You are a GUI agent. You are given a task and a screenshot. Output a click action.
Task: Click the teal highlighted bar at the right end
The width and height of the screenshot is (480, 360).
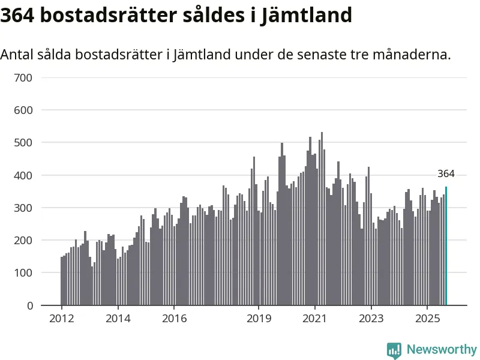point(446,246)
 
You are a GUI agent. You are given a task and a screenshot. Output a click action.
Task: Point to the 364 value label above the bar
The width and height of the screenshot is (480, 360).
point(446,174)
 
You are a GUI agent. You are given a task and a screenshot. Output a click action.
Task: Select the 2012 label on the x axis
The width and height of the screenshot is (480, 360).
point(62,318)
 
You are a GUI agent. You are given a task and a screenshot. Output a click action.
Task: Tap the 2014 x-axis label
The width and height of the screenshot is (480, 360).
point(118,318)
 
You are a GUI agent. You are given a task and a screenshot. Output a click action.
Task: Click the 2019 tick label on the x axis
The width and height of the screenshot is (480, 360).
point(259,318)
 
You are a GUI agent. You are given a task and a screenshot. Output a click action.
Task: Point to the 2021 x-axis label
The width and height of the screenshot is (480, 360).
point(315,318)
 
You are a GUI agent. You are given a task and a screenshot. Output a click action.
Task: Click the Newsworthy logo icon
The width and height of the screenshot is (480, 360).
point(394,350)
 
